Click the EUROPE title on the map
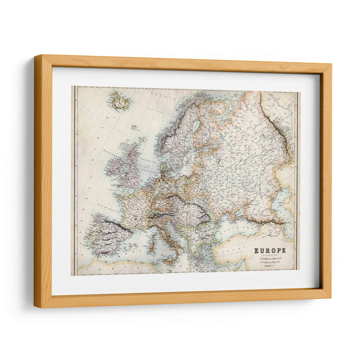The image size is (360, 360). click(x=270, y=251)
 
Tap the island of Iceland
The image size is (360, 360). click(x=119, y=101)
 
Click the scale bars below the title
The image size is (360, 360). click(x=269, y=261)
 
